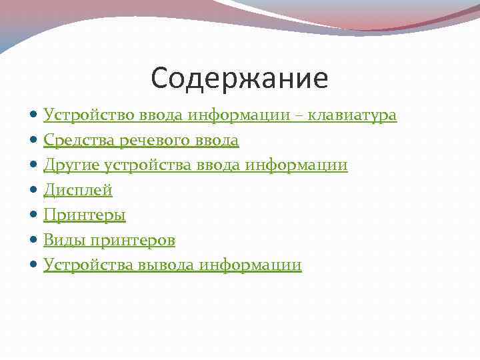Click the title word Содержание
[x=239, y=79]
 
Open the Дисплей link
[x=78, y=190]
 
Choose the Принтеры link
[x=85, y=215]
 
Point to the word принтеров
[x=134, y=240]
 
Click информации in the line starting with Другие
[x=307, y=165]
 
